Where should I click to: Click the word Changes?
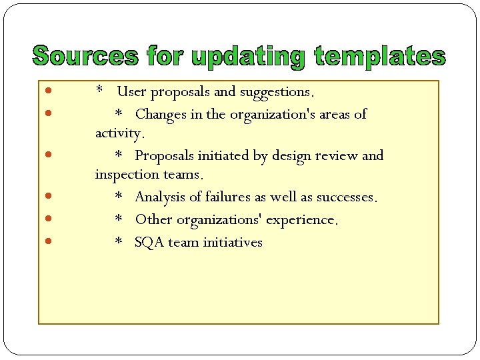[161, 114]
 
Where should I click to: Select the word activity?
[119, 133]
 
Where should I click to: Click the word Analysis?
[163, 197]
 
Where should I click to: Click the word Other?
[153, 219]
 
